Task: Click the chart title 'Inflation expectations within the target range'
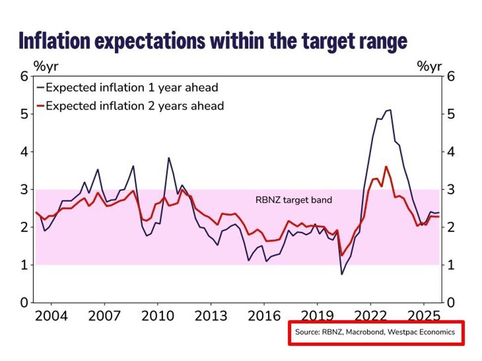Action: pos(213,41)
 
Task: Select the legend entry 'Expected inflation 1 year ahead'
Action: pos(131,88)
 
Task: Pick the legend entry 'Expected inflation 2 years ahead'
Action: pos(134,106)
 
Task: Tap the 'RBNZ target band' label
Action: pos(294,201)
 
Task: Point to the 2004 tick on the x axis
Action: pos(52,315)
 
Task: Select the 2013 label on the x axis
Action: pos(210,315)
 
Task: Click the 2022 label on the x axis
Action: pos(370,315)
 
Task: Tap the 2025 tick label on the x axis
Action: pos(423,315)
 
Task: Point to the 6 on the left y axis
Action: pos(23,77)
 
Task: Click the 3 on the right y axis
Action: pos(450,190)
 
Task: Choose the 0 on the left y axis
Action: pos(23,303)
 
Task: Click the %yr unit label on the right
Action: pos(429,66)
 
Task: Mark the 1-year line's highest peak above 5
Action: pos(390,110)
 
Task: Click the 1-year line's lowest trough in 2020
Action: pos(341,274)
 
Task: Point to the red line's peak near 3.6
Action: pos(386,166)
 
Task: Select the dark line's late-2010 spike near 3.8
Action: pos(169,158)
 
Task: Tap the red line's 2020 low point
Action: pos(341,256)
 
